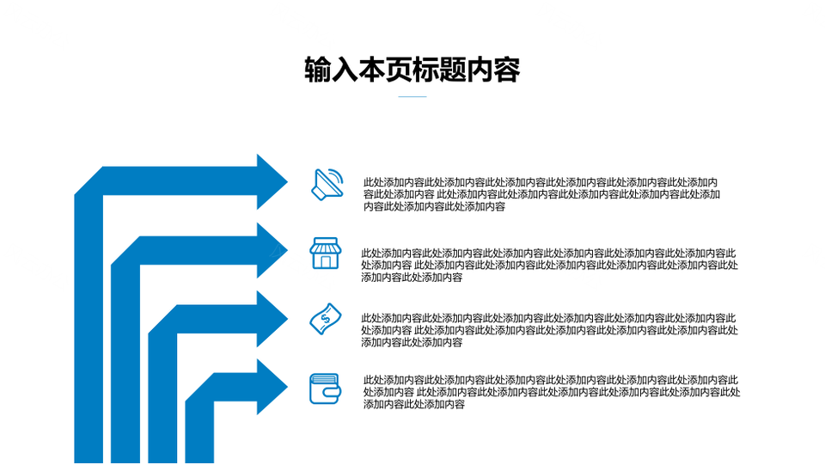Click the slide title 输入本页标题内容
(412, 70)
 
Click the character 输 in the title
(318, 70)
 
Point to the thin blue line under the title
(412, 97)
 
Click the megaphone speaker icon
(327, 185)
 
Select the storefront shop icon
(325, 254)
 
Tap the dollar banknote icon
(325, 319)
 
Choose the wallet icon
(325, 388)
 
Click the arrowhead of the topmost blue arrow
(272, 182)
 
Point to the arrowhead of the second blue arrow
(272, 250)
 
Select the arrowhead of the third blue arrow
(272, 319)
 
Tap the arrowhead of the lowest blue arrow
(272, 387)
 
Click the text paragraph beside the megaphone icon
(541, 194)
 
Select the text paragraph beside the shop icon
(549, 266)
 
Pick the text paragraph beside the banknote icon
(549, 331)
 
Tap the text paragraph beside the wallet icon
(552, 392)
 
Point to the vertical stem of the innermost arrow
(199, 431)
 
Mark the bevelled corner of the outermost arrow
(89, 180)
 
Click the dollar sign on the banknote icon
(325, 318)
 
